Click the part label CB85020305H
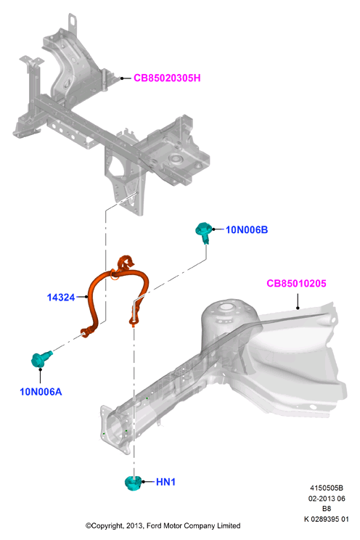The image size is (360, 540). click(x=167, y=78)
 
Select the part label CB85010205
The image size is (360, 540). click(x=296, y=284)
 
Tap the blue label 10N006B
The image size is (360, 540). click(x=247, y=229)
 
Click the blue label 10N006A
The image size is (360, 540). click(x=41, y=391)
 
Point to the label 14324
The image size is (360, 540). click(x=61, y=297)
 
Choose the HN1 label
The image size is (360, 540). click(x=165, y=482)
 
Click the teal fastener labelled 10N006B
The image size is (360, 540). click(x=203, y=232)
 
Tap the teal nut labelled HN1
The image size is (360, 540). click(x=133, y=483)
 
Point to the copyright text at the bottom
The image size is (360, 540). click(x=163, y=525)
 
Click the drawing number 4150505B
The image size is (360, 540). click(x=326, y=488)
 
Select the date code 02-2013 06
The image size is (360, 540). click(x=326, y=499)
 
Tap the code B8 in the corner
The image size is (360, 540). click(x=326, y=508)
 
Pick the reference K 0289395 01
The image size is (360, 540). click(x=326, y=519)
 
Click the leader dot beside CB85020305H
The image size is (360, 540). click(x=122, y=78)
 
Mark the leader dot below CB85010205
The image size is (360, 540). click(x=298, y=308)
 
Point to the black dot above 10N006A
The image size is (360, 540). click(x=41, y=369)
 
